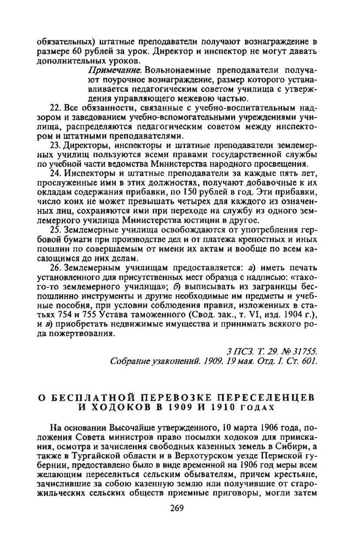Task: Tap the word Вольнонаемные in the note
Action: click(x=175, y=71)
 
